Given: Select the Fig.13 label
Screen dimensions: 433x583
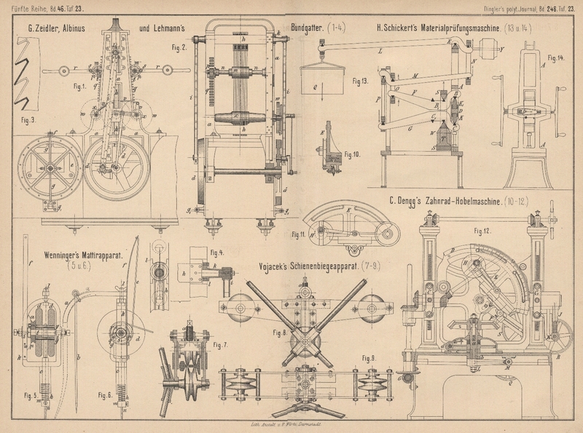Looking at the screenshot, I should coord(359,80).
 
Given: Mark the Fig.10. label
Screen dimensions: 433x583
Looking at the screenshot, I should coord(353,155).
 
